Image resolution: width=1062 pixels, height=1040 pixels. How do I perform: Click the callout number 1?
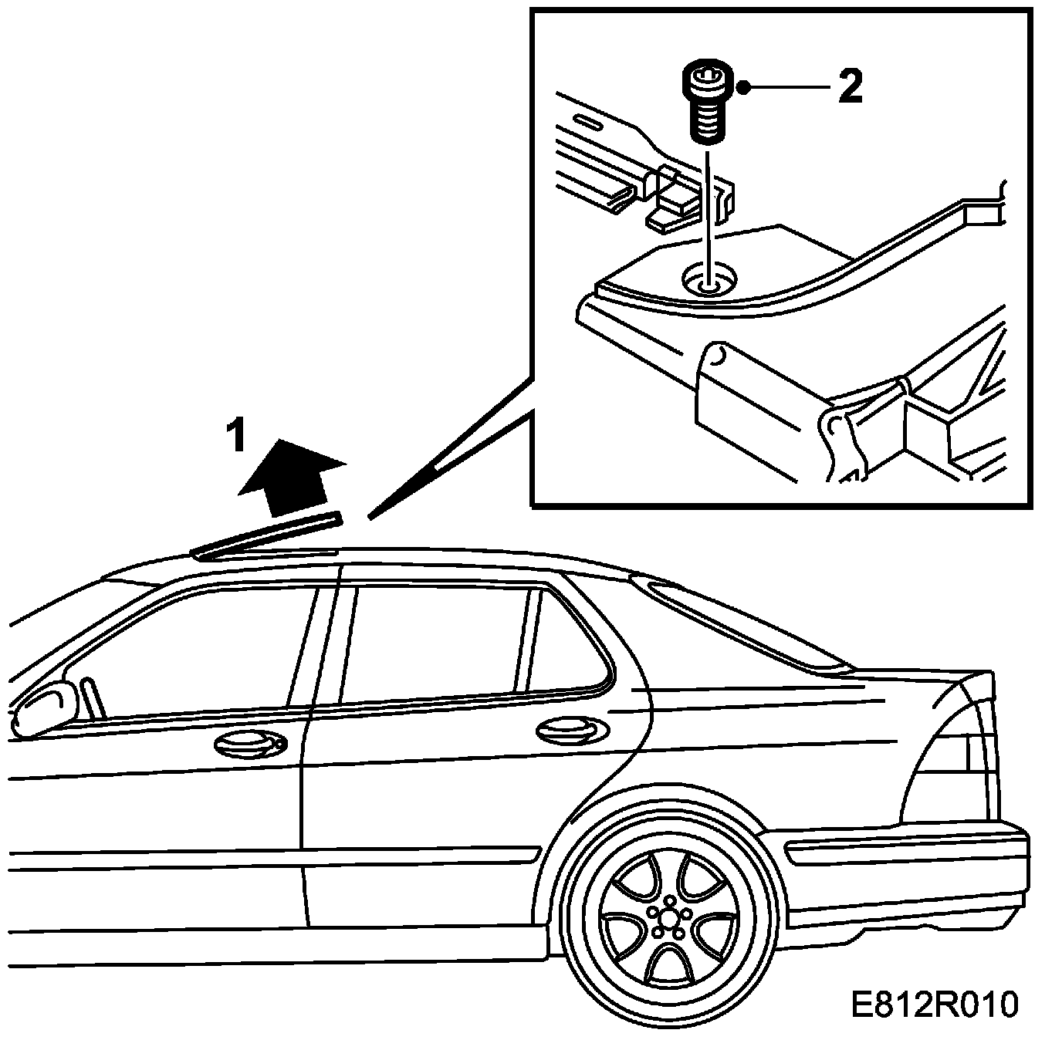coord(235,437)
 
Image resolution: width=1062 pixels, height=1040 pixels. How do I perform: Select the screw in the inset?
coord(705,103)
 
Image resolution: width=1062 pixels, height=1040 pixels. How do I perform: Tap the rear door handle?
coord(571,729)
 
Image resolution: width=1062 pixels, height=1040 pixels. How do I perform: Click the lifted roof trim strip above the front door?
coord(266,534)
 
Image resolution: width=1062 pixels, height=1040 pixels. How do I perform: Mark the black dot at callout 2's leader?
coord(744,87)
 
